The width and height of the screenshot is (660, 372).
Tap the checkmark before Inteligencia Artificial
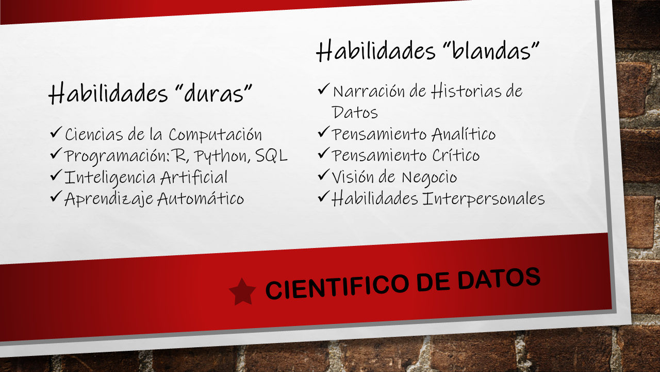pyautogui.click(x=56, y=176)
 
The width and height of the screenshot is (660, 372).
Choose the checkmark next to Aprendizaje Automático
pyautogui.click(x=56, y=197)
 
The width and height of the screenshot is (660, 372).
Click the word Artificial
pyautogui.click(x=194, y=177)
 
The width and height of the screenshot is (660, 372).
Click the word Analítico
pyautogui.click(x=463, y=134)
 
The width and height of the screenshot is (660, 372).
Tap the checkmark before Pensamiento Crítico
pyautogui.click(x=323, y=154)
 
